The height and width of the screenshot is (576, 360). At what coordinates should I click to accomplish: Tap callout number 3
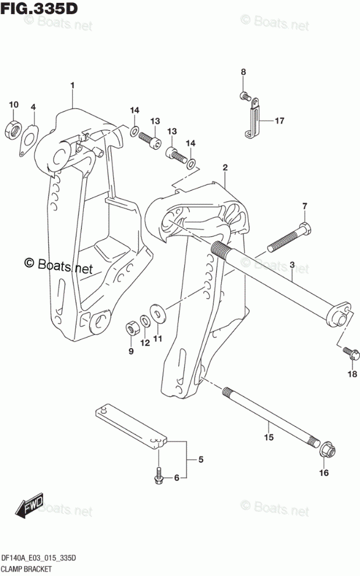pyautogui.click(x=292, y=266)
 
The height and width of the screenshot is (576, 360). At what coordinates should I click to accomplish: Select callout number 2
pyautogui.click(x=225, y=168)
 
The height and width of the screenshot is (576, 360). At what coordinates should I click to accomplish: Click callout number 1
pyautogui.click(x=73, y=86)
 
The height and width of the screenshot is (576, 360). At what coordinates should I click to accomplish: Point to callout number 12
pyautogui.click(x=145, y=343)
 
